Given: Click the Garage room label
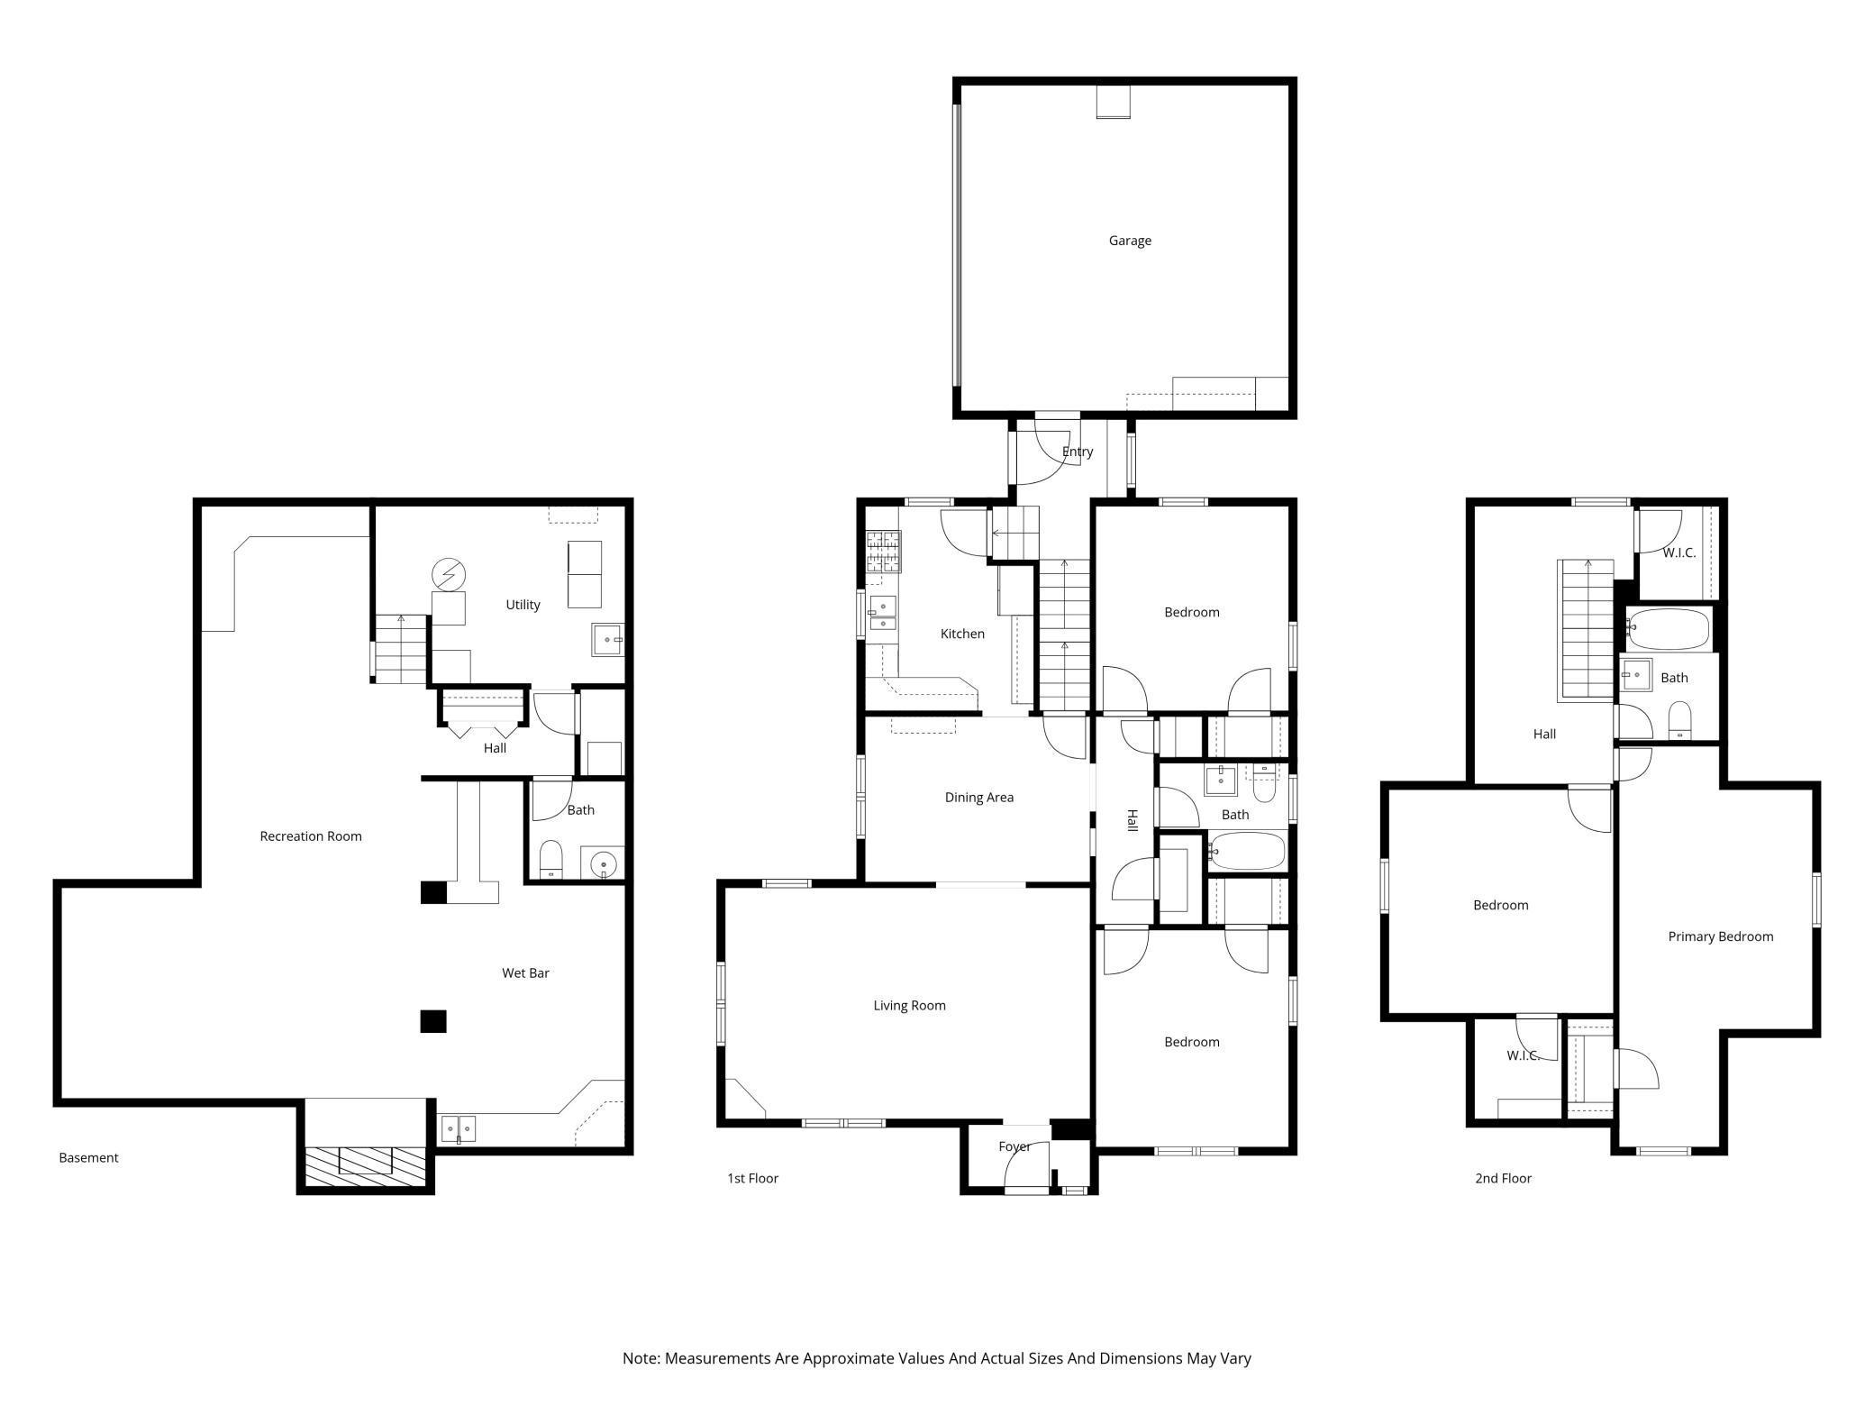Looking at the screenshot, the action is coord(1130,241).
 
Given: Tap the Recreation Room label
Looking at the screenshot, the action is coord(311,836).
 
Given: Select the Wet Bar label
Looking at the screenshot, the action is coord(525,973).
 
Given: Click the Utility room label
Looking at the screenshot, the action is coord(523,605).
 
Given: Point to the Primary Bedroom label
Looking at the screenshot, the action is coord(1721,936).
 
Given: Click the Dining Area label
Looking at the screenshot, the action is coord(979,798).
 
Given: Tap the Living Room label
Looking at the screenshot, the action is coord(910,1006).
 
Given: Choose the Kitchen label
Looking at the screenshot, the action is coord(962,634).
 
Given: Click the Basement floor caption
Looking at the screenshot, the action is coord(88,1158).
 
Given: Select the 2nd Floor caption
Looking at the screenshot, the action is coord(1503,1178).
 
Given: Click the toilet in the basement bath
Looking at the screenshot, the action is coord(550,860).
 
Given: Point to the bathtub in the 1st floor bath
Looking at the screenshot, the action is coord(1247,851).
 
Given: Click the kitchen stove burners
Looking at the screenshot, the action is coord(883,552).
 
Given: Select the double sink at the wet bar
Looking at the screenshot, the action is coord(458,1128).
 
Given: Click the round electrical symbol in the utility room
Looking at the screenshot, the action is coord(448,574).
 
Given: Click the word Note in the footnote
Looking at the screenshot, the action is coord(641,1358).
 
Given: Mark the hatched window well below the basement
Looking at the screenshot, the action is coord(365,1166).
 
